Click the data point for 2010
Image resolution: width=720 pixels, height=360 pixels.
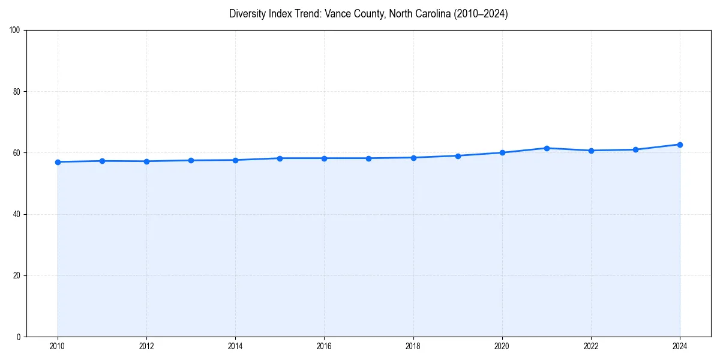[58, 162]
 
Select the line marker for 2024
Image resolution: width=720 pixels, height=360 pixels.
[680, 145]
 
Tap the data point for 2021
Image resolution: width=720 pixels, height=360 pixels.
[547, 148]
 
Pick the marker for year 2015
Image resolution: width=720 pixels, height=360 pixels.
[280, 158]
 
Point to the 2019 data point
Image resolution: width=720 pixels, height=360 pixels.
[458, 156]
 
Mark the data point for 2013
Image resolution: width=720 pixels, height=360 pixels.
[191, 160]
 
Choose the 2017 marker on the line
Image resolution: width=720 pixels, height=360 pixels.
[368, 158]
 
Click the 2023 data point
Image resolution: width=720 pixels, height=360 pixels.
[635, 149]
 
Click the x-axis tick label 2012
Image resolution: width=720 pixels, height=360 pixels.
[146, 346]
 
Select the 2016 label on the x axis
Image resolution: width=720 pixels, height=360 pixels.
[324, 346]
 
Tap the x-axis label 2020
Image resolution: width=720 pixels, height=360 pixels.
[502, 346]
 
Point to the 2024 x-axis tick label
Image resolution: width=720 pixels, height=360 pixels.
[680, 346]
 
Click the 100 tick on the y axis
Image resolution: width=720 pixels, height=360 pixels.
[15, 31]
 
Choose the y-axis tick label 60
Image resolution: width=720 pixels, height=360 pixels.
[17, 153]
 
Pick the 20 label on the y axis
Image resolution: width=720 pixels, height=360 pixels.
[17, 275]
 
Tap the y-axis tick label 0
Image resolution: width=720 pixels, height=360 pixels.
[19, 337]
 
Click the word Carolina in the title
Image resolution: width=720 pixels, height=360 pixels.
[425, 14]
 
